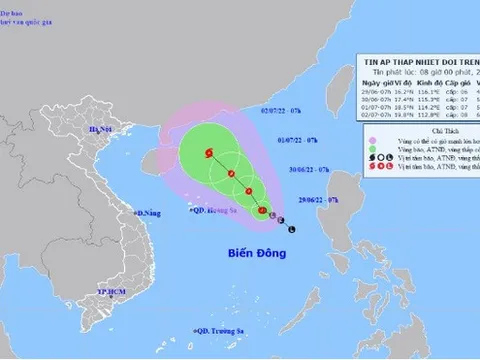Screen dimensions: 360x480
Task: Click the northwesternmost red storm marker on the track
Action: tap(209, 153)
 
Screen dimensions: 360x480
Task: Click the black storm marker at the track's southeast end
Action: tap(291, 230)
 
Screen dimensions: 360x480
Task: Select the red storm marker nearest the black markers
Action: tap(262, 211)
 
